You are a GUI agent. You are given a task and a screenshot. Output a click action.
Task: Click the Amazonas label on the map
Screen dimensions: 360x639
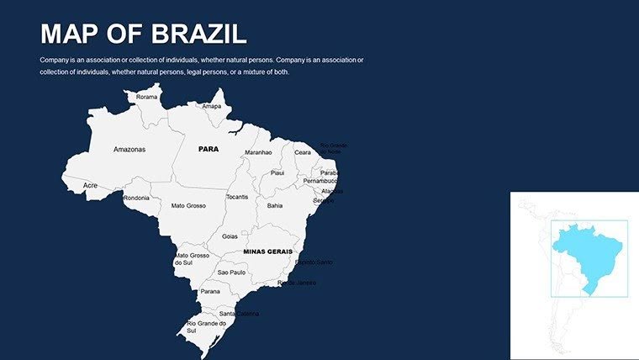coord(129,149)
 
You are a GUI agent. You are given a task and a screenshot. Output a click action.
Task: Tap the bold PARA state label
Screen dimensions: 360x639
coord(208,148)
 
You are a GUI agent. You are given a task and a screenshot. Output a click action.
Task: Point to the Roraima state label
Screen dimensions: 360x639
coord(146,97)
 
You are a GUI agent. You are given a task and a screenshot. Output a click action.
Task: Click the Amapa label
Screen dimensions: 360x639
coord(211,106)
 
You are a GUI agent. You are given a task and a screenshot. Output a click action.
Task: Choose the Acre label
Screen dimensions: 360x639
coord(91,185)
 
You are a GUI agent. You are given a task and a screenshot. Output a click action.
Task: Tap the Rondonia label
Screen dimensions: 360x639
coord(136,198)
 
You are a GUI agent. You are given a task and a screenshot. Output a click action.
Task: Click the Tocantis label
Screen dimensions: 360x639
coord(237,197)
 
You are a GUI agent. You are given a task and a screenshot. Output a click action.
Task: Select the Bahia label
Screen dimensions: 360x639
coord(275,204)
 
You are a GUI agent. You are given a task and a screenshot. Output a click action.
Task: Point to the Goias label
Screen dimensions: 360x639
coord(230,236)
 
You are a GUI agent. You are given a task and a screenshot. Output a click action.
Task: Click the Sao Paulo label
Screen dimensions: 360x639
coord(231,273)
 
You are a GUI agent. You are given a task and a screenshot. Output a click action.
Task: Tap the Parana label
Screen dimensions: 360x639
coord(210,292)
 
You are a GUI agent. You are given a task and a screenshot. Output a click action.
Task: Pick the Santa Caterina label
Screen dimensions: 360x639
coord(239,314)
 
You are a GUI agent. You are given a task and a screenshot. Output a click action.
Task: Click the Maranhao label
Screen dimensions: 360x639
coord(258,152)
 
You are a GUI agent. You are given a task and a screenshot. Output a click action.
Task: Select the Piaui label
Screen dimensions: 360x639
coord(277,172)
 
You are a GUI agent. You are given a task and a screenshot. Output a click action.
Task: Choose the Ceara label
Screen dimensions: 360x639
coord(303,152)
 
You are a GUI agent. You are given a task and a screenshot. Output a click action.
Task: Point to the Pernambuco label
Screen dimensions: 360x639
coord(319,181)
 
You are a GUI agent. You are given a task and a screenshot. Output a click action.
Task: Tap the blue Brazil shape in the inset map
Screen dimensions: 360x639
coord(589,252)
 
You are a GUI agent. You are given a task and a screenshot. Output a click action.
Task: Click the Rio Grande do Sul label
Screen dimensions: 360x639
coord(206,326)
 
